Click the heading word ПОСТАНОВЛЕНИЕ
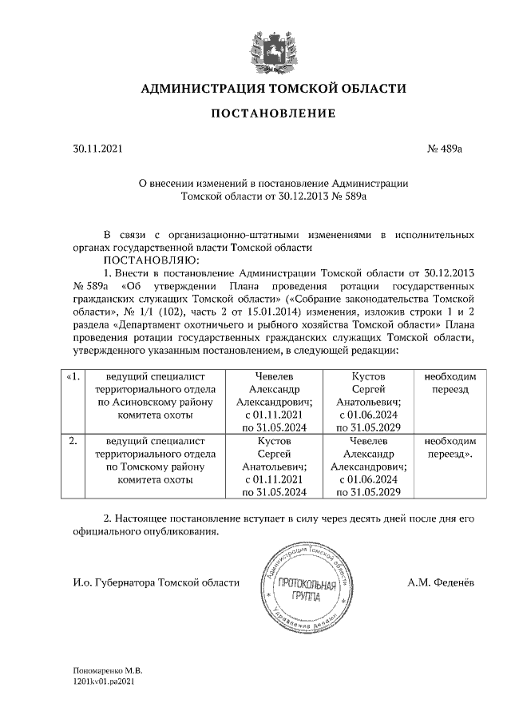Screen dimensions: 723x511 pyautogui.click(x=273, y=113)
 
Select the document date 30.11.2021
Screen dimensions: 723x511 pyautogui.click(x=93, y=149)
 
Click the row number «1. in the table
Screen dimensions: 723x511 pyautogui.click(x=73, y=376)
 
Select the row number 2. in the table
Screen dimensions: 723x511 pyautogui.click(x=73, y=441)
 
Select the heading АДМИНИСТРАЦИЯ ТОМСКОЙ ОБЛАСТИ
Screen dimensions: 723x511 pyautogui.click(x=273, y=89)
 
